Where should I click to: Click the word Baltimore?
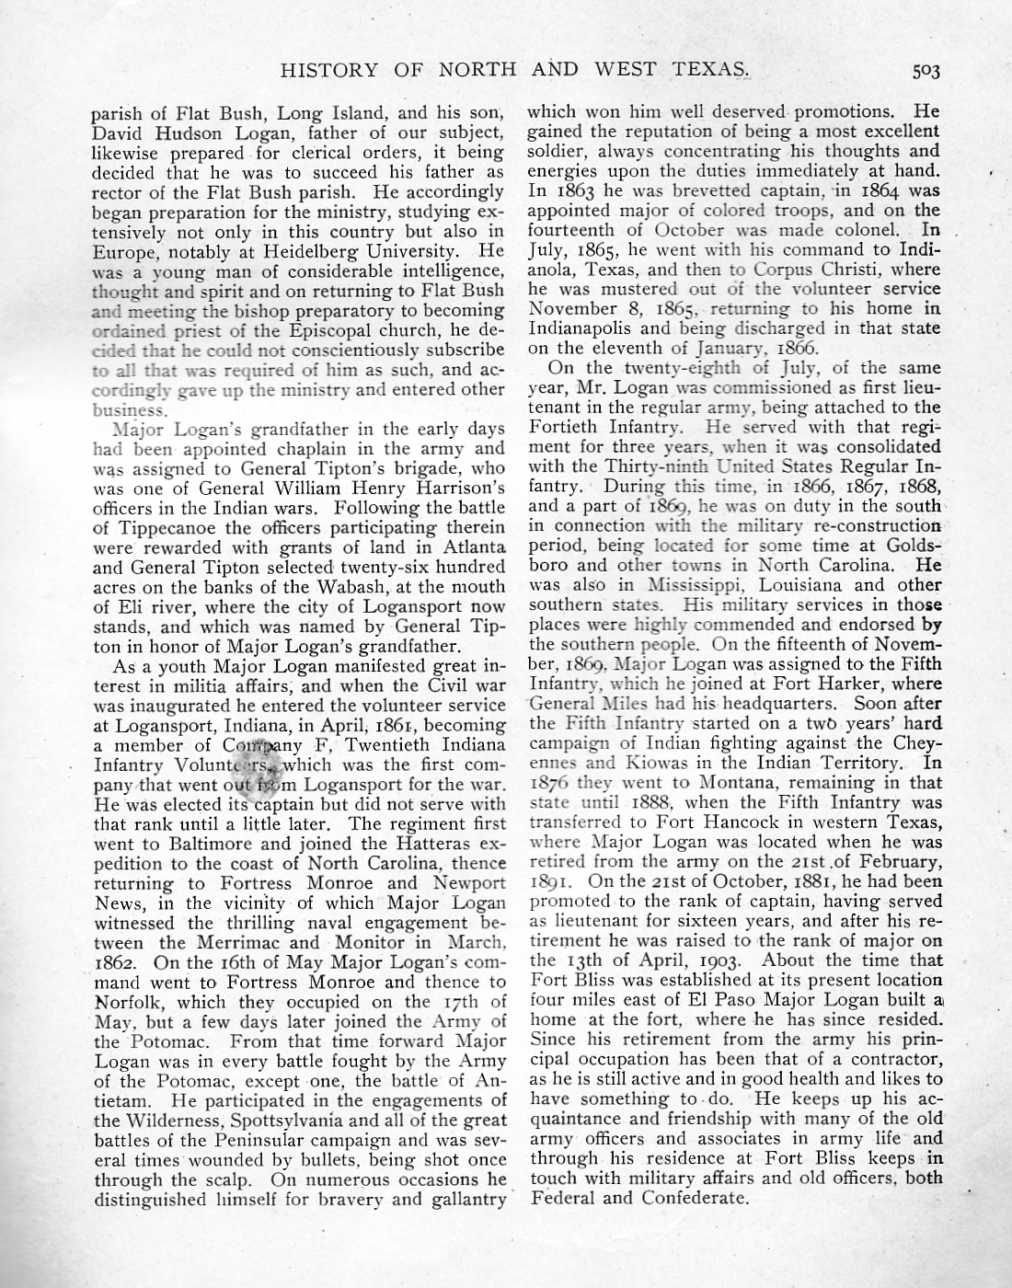(x=191, y=843)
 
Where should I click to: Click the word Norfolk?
(x=131, y=1002)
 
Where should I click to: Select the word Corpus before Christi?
(x=784, y=270)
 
